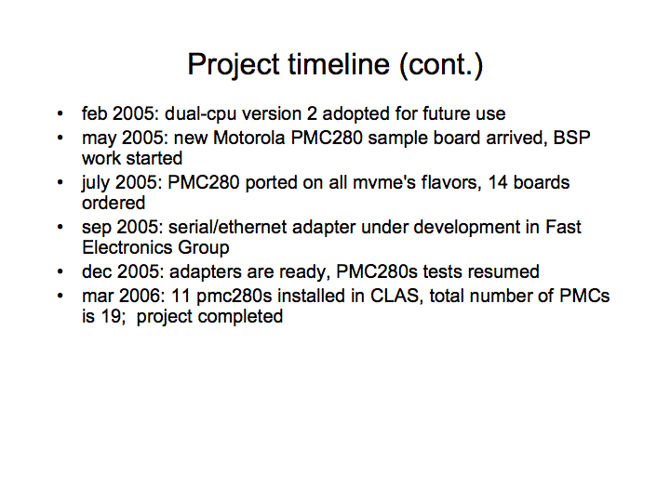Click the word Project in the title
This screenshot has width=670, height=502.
(234, 65)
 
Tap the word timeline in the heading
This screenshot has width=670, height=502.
(339, 64)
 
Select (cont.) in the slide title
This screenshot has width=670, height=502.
(441, 65)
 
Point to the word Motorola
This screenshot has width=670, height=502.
(249, 138)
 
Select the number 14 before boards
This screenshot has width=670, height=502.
(497, 183)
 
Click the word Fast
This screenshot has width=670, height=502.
(563, 227)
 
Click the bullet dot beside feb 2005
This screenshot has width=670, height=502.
(60, 114)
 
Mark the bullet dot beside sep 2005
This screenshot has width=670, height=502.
(60, 227)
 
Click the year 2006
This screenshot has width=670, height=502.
(140, 297)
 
